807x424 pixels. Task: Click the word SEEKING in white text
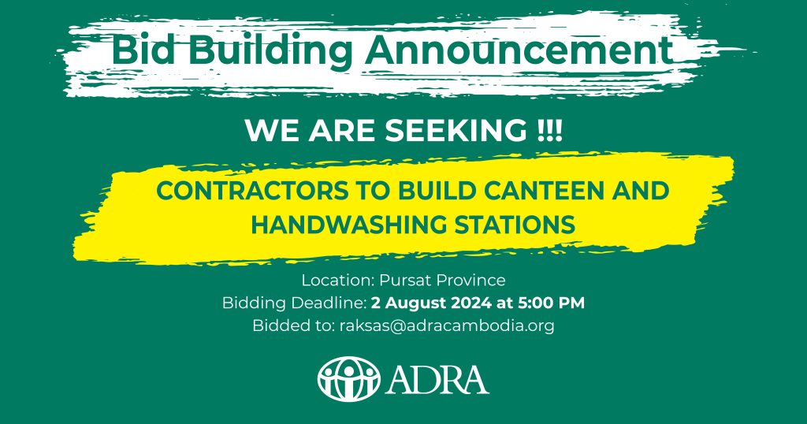pos(455,131)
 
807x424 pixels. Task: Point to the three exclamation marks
pos(549,131)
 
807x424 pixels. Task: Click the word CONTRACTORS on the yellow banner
pos(252,191)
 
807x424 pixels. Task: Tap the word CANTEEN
pos(537,191)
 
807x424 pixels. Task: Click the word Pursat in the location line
pos(405,280)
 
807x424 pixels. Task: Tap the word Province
pos(471,281)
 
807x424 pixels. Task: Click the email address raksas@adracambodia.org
pos(447,325)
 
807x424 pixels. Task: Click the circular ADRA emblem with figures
pos(349,379)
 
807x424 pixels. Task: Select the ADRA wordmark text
pos(437,380)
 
